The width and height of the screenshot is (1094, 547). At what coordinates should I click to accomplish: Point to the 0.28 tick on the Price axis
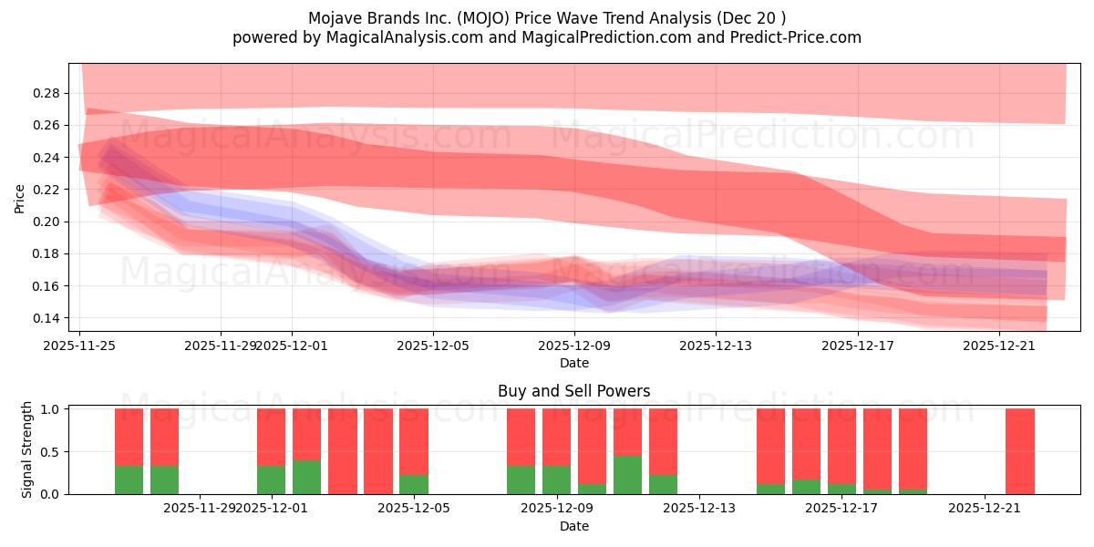pyautogui.click(x=47, y=93)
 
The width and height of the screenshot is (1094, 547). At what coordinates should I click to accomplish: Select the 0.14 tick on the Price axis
pyautogui.click(x=47, y=318)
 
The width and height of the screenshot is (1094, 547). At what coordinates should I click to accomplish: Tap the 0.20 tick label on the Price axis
pyautogui.click(x=47, y=222)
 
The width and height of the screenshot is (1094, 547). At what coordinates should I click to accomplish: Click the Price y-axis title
pyautogui.click(x=19, y=197)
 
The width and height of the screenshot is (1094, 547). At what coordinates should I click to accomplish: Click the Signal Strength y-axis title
pyautogui.click(x=27, y=449)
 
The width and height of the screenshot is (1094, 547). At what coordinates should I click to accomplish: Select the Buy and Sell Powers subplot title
pyautogui.click(x=574, y=391)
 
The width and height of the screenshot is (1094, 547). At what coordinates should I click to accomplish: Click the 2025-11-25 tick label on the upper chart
pyautogui.click(x=79, y=346)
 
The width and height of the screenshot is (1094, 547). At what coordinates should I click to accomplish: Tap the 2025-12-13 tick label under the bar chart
pyautogui.click(x=697, y=509)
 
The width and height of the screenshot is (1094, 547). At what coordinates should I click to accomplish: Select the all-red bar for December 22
pyautogui.click(x=1020, y=451)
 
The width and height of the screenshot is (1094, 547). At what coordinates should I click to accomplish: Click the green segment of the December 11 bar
pyautogui.click(x=627, y=475)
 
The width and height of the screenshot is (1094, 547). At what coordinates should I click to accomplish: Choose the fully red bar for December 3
pyautogui.click(x=342, y=451)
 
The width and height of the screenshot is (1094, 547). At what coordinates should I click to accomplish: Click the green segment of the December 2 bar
pyautogui.click(x=306, y=477)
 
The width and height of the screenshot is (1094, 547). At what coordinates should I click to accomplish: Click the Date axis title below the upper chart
pyautogui.click(x=574, y=363)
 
